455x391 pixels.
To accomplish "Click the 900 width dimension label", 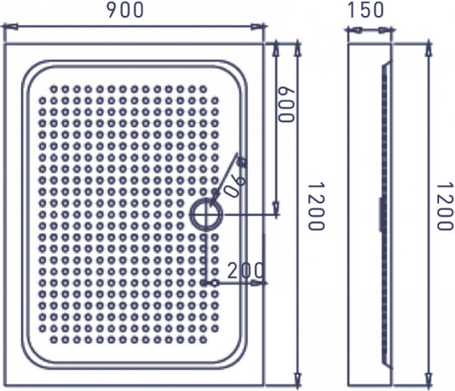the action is [x=126, y=10].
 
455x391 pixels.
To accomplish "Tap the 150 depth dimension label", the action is [x=365, y=10].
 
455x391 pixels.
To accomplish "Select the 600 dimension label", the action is [x=286, y=105].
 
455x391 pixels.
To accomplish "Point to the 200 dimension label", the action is [x=246, y=271].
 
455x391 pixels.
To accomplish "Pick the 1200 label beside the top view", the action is [x=316, y=206].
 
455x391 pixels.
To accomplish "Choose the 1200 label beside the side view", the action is [x=445, y=206].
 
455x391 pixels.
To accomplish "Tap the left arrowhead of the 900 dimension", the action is [x=10, y=28].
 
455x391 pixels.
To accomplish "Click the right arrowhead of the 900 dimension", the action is [x=258, y=28].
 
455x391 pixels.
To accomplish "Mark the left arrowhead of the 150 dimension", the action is [x=354, y=30].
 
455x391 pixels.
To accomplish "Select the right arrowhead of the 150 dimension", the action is [x=385, y=30].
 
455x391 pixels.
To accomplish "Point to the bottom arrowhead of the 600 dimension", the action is [x=276, y=208].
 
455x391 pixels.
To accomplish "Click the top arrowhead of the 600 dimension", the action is [x=276, y=49].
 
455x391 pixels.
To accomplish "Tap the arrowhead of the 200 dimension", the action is [x=258, y=283].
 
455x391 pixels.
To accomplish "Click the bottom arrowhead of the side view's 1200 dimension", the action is [x=429, y=378].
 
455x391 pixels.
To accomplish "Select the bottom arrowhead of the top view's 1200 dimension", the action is [x=297, y=378].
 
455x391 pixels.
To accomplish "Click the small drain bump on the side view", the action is [x=380, y=214].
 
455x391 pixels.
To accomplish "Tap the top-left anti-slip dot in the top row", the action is [x=54, y=89].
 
